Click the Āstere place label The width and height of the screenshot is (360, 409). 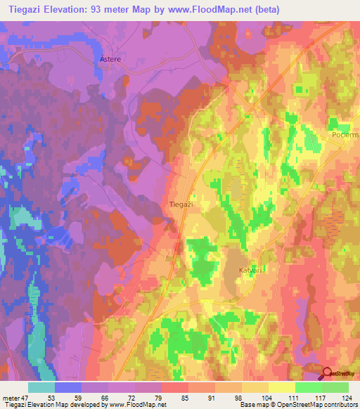click(111, 60)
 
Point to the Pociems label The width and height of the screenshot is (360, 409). click(345, 135)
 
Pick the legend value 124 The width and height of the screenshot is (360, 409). click(347, 397)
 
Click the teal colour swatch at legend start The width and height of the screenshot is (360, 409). click(41, 387)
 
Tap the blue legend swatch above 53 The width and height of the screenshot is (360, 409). click(68, 387)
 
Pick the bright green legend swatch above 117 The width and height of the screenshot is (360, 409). click(308, 387)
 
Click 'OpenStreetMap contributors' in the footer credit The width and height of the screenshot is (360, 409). click(319, 405)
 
